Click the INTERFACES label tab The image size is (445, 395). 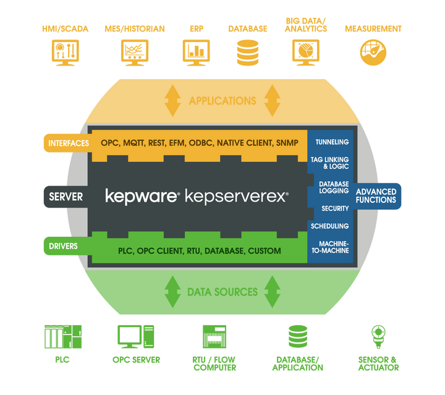[x=64, y=143]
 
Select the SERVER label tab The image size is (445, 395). [x=64, y=197]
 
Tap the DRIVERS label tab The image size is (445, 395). [x=64, y=247]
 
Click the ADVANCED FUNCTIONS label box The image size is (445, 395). [x=376, y=196]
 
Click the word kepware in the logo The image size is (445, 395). [x=142, y=197]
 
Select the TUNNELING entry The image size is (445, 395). [x=331, y=142]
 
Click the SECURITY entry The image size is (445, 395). [x=335, y=209]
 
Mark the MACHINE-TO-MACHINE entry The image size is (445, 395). [x=331, y=246]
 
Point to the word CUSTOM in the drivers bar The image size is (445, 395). [x=264, y=251]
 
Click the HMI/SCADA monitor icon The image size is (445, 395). [x=66, y=53]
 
